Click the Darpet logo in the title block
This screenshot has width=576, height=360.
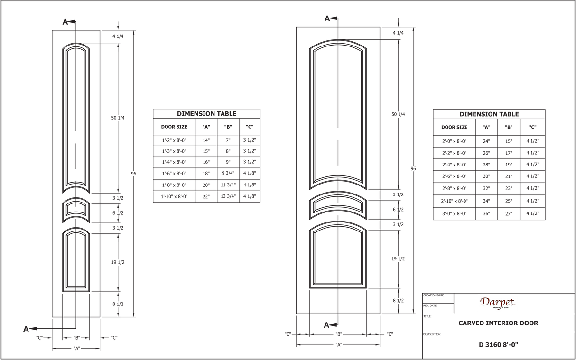coord(498,303)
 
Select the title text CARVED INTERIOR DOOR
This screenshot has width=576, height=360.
coord(498,323)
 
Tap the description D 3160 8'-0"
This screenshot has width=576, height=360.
coord(498,345)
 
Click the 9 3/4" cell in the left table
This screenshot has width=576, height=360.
coord(228,173)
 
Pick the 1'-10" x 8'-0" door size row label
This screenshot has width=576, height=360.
coord(174,197)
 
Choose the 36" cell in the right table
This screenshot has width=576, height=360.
coord(486,214)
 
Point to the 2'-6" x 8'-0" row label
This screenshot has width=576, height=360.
coord(454,176)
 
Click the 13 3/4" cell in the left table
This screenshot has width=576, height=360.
coord(228,196)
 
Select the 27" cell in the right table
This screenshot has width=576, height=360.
coord(509,214)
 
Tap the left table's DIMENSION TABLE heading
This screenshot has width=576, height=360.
coord(206,114)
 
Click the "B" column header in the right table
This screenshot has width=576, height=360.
coord(509,127)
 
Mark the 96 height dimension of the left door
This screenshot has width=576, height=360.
coord(133,174)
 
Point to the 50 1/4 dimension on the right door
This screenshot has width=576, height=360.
coord(398,114)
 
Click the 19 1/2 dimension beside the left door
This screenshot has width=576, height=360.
coord(118,262)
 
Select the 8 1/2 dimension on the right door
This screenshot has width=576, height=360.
coord(398,301)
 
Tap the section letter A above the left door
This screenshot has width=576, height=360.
coord(65,22)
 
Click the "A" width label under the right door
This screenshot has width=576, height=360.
coord(339,345)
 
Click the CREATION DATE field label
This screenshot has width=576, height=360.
coord(434,295)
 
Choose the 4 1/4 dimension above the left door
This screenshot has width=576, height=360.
coord(118,36)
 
